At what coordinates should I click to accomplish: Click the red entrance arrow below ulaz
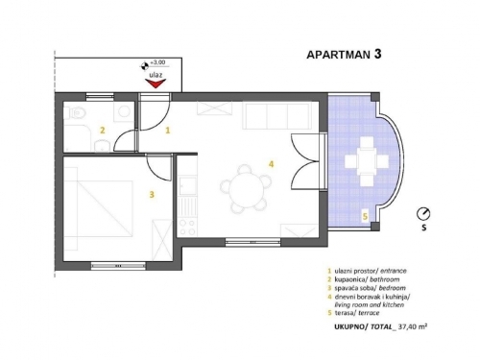(x=156, y=84)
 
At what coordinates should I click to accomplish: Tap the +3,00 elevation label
(x=157, y=62)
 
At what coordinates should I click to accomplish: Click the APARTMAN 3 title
(x=344, y=54)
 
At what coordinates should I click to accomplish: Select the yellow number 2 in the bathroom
(x=103, y=131)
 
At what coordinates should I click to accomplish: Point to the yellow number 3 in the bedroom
(x=152, y=194)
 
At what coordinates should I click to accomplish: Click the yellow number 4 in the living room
(x=272, y=164)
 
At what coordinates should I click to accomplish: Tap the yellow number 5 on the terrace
(x=365, y=217)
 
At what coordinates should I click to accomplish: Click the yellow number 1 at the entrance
(x=168, y=131)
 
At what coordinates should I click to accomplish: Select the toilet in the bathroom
(x=75, y=112)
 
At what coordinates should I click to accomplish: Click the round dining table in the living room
(x=247, y=190)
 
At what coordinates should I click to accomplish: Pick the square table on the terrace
(x=367, y=160)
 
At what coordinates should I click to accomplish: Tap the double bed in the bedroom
(x=98, y=208)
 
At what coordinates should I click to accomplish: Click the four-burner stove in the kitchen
(x=187, y=228)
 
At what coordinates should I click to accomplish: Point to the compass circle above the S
(x=423, y=214)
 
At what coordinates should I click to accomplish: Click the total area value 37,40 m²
(x=412, y=326)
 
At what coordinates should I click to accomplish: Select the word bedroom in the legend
(x=392, y=288)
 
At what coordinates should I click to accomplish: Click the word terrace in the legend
(x=369, y=313)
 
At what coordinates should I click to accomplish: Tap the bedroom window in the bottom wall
(x=118, y=266)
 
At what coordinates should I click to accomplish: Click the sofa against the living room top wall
(x=276, y=115)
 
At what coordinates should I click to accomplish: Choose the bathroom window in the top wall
(x=100, y=96)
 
